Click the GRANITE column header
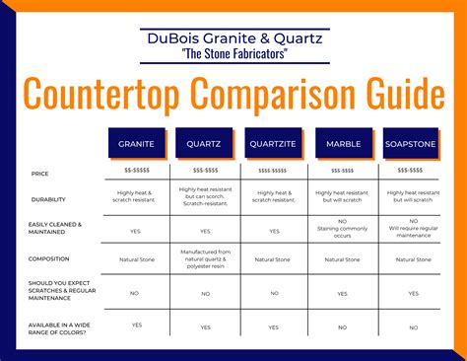click(x=136, y=143)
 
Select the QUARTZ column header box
click(x=205, y=143)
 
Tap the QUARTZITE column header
click(x=272, y=143)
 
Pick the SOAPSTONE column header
click(x=411, y=143)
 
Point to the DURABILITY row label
click(x=48, y=198)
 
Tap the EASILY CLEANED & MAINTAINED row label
click(x=55, y=229)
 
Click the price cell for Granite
click(x=136, y=171)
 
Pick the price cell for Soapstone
click(x=411, y=171)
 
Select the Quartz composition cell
click(x=205, y=259)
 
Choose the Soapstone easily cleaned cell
click(x=411, y=229)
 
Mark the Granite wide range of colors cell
click(x=136, y=325)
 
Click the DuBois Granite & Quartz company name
click(x=233, y=38)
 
